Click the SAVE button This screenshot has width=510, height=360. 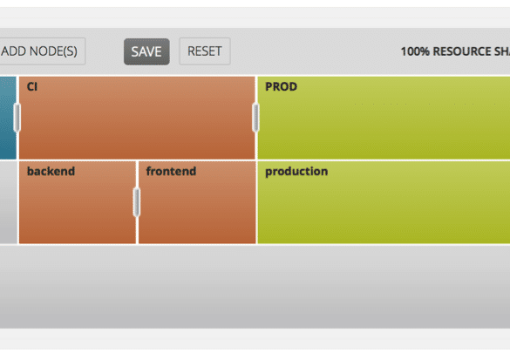[146, 51]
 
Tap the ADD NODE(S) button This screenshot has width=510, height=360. [43, 51]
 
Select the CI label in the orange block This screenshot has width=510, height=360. [32, 86]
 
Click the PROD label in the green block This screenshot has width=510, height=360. [281, 86]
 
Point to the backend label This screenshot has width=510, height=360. [51, 171]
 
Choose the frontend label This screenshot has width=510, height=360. [171, 171]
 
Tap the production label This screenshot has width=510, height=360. [296, 172]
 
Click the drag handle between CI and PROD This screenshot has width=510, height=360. [256, 118]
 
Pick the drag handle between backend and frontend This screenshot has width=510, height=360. [137, 202]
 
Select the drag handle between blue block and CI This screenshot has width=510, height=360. [17, 118]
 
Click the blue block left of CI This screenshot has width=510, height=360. [8, 118]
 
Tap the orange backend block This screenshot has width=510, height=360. [78, 202]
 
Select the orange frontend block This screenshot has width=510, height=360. [197, 202]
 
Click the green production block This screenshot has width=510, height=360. [384, 202]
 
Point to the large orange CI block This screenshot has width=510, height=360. [137, 118]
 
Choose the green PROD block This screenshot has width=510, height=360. [384, 118]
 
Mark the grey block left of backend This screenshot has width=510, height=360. [9, 202]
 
